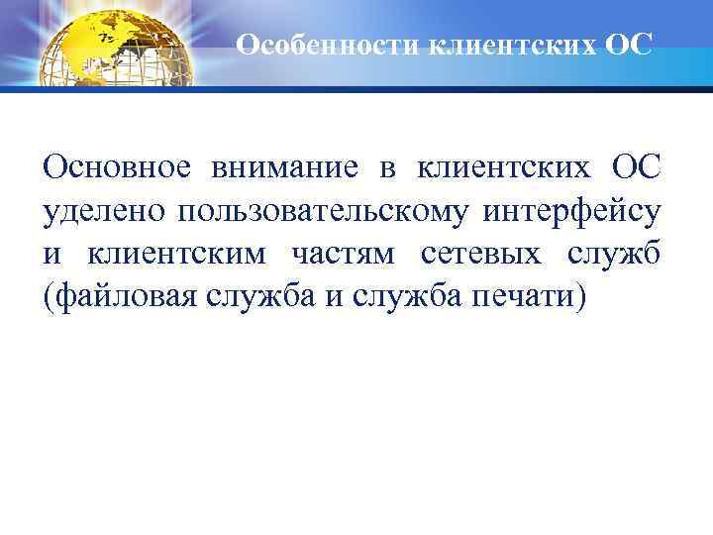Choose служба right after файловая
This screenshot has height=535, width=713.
(x=247, y=297)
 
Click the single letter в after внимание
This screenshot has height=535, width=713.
(x=385, y=168)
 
